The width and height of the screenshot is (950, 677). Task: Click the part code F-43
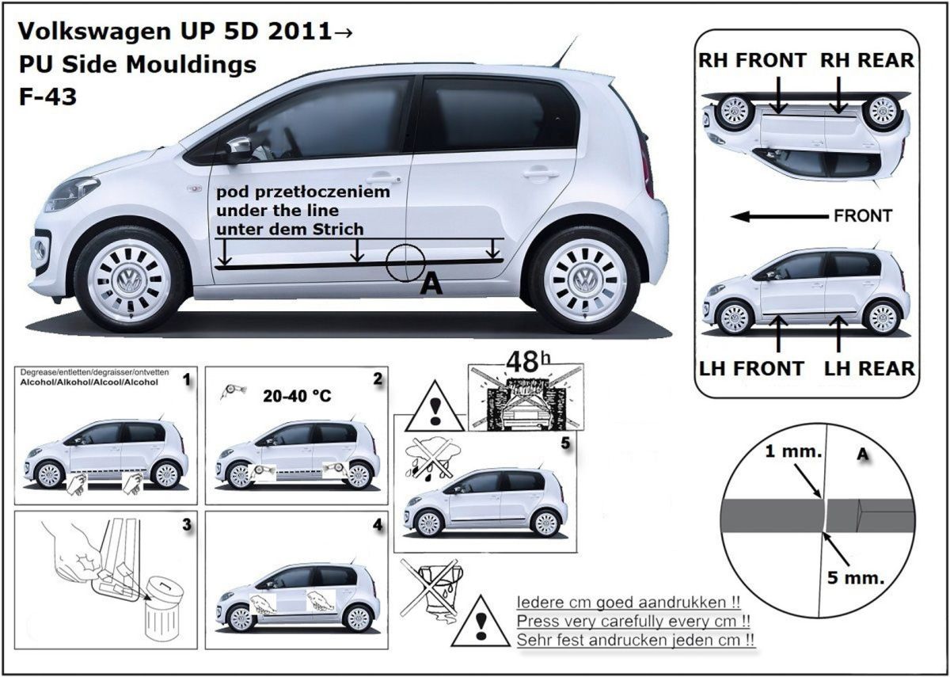(48, 97)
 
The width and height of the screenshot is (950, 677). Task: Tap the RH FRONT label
(752, 60)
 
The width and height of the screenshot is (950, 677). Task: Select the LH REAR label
(869, 368)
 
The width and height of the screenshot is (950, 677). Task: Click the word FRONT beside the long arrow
(863, 216)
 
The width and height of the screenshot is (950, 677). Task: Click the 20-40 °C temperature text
(297, 396)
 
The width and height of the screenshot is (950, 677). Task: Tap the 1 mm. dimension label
(793, 451)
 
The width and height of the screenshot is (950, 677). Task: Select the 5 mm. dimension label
(856, 578)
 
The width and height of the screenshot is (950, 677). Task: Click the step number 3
(187, 525)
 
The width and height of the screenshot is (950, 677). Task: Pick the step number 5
(565, 443)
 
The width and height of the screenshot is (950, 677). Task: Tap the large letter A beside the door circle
(431, 283)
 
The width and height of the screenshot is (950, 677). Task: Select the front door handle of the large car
(383, 177)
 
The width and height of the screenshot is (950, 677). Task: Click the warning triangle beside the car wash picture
(435, 406)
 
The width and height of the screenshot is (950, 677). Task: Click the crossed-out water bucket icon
(432, 590)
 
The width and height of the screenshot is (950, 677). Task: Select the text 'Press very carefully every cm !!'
(633, 621)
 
